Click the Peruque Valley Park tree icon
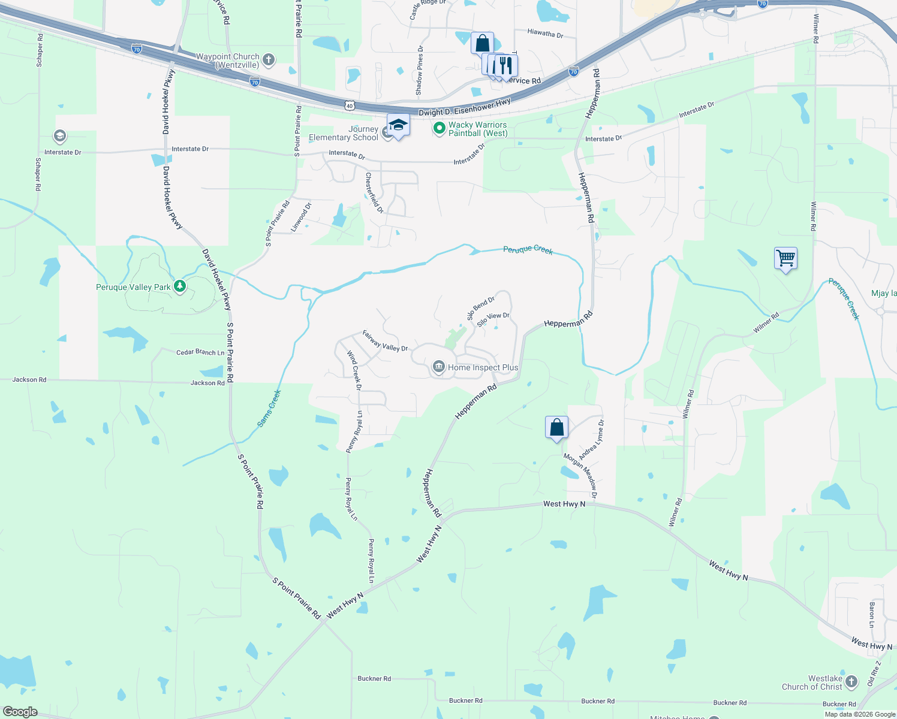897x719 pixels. (179, 286)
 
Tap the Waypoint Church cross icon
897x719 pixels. (269, 59)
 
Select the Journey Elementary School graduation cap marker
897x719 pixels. (398, 126)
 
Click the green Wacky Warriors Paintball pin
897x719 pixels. (440, 128)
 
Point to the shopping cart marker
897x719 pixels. (785, 259)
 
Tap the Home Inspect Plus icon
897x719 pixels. (439, 367)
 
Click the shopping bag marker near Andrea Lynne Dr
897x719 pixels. (556, 428)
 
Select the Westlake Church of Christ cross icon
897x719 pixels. (851, 681)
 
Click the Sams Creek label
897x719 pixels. (269, 409)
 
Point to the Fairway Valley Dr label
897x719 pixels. (385, 341)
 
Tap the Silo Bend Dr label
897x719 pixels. (481, 308)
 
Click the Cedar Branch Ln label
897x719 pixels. (200, 352)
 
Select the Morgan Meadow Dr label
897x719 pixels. (580, 476)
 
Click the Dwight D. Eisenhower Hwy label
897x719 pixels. (465, 107)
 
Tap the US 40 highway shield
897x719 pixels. (350, 106)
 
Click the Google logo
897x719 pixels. (20, 711)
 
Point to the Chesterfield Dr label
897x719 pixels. (374, 193)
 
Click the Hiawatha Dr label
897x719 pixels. (545, 34)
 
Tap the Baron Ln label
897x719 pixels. (872, 615)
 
